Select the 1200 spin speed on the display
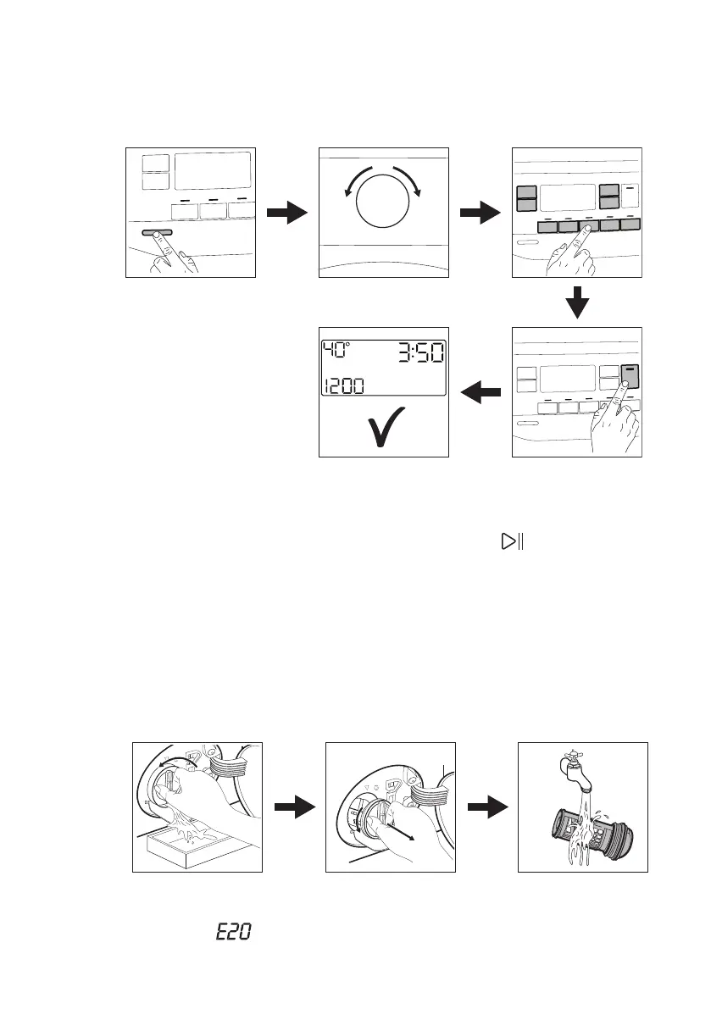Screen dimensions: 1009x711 [342, 386]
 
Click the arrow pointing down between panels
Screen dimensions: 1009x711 [577, 302]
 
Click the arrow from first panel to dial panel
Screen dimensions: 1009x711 [286, 213]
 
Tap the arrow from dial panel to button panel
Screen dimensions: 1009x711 [480, 213]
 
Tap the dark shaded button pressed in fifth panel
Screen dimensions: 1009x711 [630, 375]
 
